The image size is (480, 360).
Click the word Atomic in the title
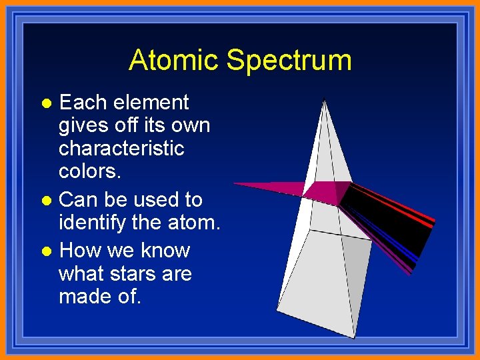[175, 60]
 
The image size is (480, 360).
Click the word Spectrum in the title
[289, 61]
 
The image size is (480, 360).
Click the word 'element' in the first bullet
[151, 103]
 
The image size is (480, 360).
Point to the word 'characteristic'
[121, 148]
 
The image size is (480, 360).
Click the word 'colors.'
[90, 171]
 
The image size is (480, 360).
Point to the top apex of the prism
[324, 101]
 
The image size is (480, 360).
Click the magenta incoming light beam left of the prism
[267, 187]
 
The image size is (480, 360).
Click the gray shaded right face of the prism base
[357, 280]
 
